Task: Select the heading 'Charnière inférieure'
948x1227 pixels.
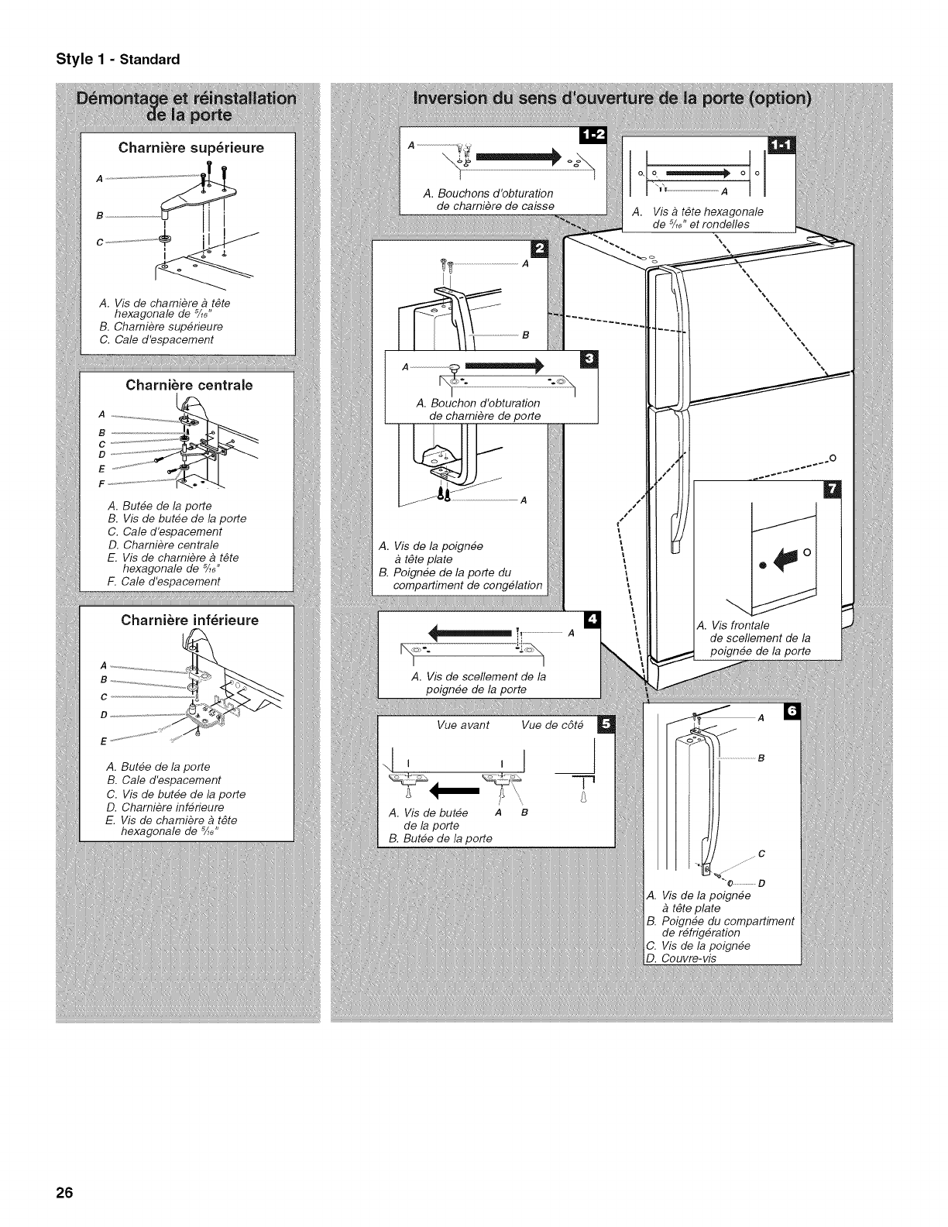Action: coord(190,620)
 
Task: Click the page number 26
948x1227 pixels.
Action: coord(64,1192)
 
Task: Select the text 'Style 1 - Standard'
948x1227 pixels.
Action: coord(117,59)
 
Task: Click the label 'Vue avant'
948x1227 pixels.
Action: coord(463,725)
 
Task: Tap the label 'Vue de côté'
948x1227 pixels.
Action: coord(552,725)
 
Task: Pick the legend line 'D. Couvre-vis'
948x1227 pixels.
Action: coord(682,958)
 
